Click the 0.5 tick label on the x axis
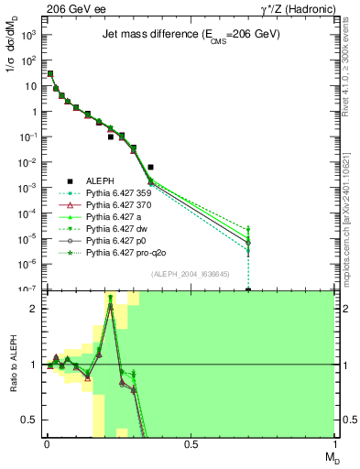(x=191, y=443)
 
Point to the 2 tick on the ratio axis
(x=36, y=308)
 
